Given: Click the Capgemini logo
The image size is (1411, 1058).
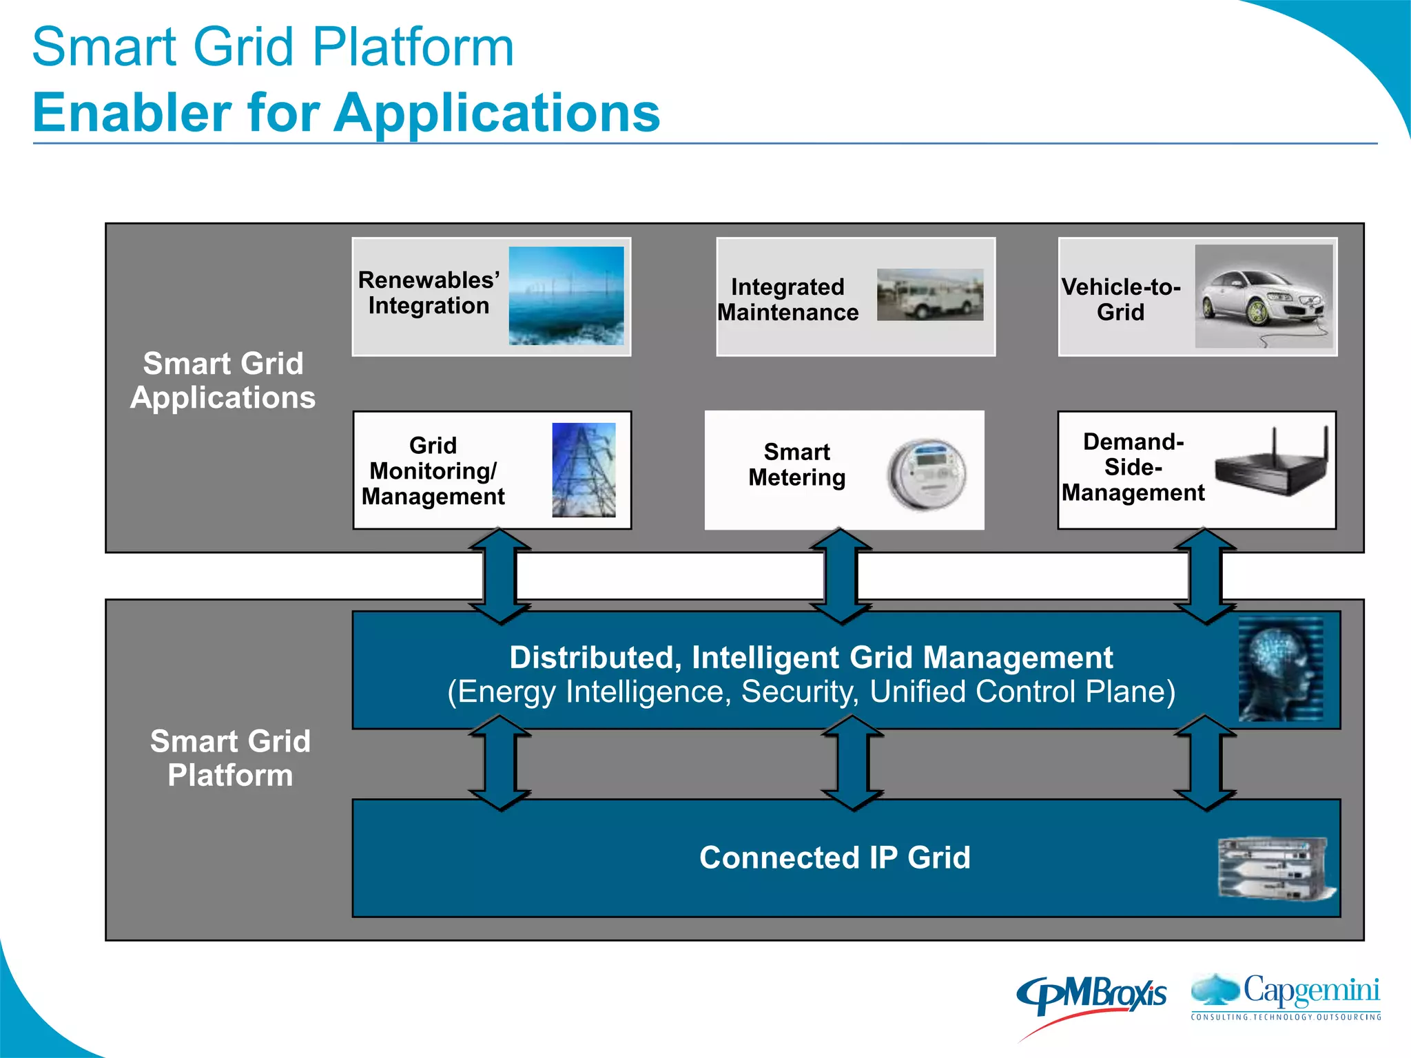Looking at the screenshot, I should (x=1286, y=996).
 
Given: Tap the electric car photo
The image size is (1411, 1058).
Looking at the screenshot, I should (x=1264, y=297).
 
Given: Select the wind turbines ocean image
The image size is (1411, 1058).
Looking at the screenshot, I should (x=566, y=295).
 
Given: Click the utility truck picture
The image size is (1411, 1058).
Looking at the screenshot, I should (x=929, y=295).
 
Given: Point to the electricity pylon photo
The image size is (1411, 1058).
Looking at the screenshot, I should (x=584, y=470).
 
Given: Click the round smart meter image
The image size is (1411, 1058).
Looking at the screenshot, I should (x=927, y=475).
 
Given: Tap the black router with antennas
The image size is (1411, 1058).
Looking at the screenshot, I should (x=1272, y=462).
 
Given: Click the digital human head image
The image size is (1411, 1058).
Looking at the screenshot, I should (x=1280, y=669).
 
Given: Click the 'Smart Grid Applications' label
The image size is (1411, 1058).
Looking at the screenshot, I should (x=223, y=380).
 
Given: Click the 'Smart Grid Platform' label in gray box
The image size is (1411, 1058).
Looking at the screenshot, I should (x=230, y=758).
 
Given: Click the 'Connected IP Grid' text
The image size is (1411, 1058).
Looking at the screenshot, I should (x=834, y=858).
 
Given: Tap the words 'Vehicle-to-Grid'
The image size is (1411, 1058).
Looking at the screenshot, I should (x=1121, y=299).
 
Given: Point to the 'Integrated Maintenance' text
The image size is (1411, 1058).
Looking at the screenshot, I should (x=788, y=299).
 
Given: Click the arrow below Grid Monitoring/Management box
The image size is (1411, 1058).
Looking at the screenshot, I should (x=500, y=576).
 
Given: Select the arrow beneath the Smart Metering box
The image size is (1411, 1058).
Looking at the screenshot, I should (x=841, y=576).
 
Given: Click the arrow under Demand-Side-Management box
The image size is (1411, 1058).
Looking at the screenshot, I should (x=1205, y=576).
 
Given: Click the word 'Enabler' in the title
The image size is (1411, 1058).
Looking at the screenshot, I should (x=132, y=113).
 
